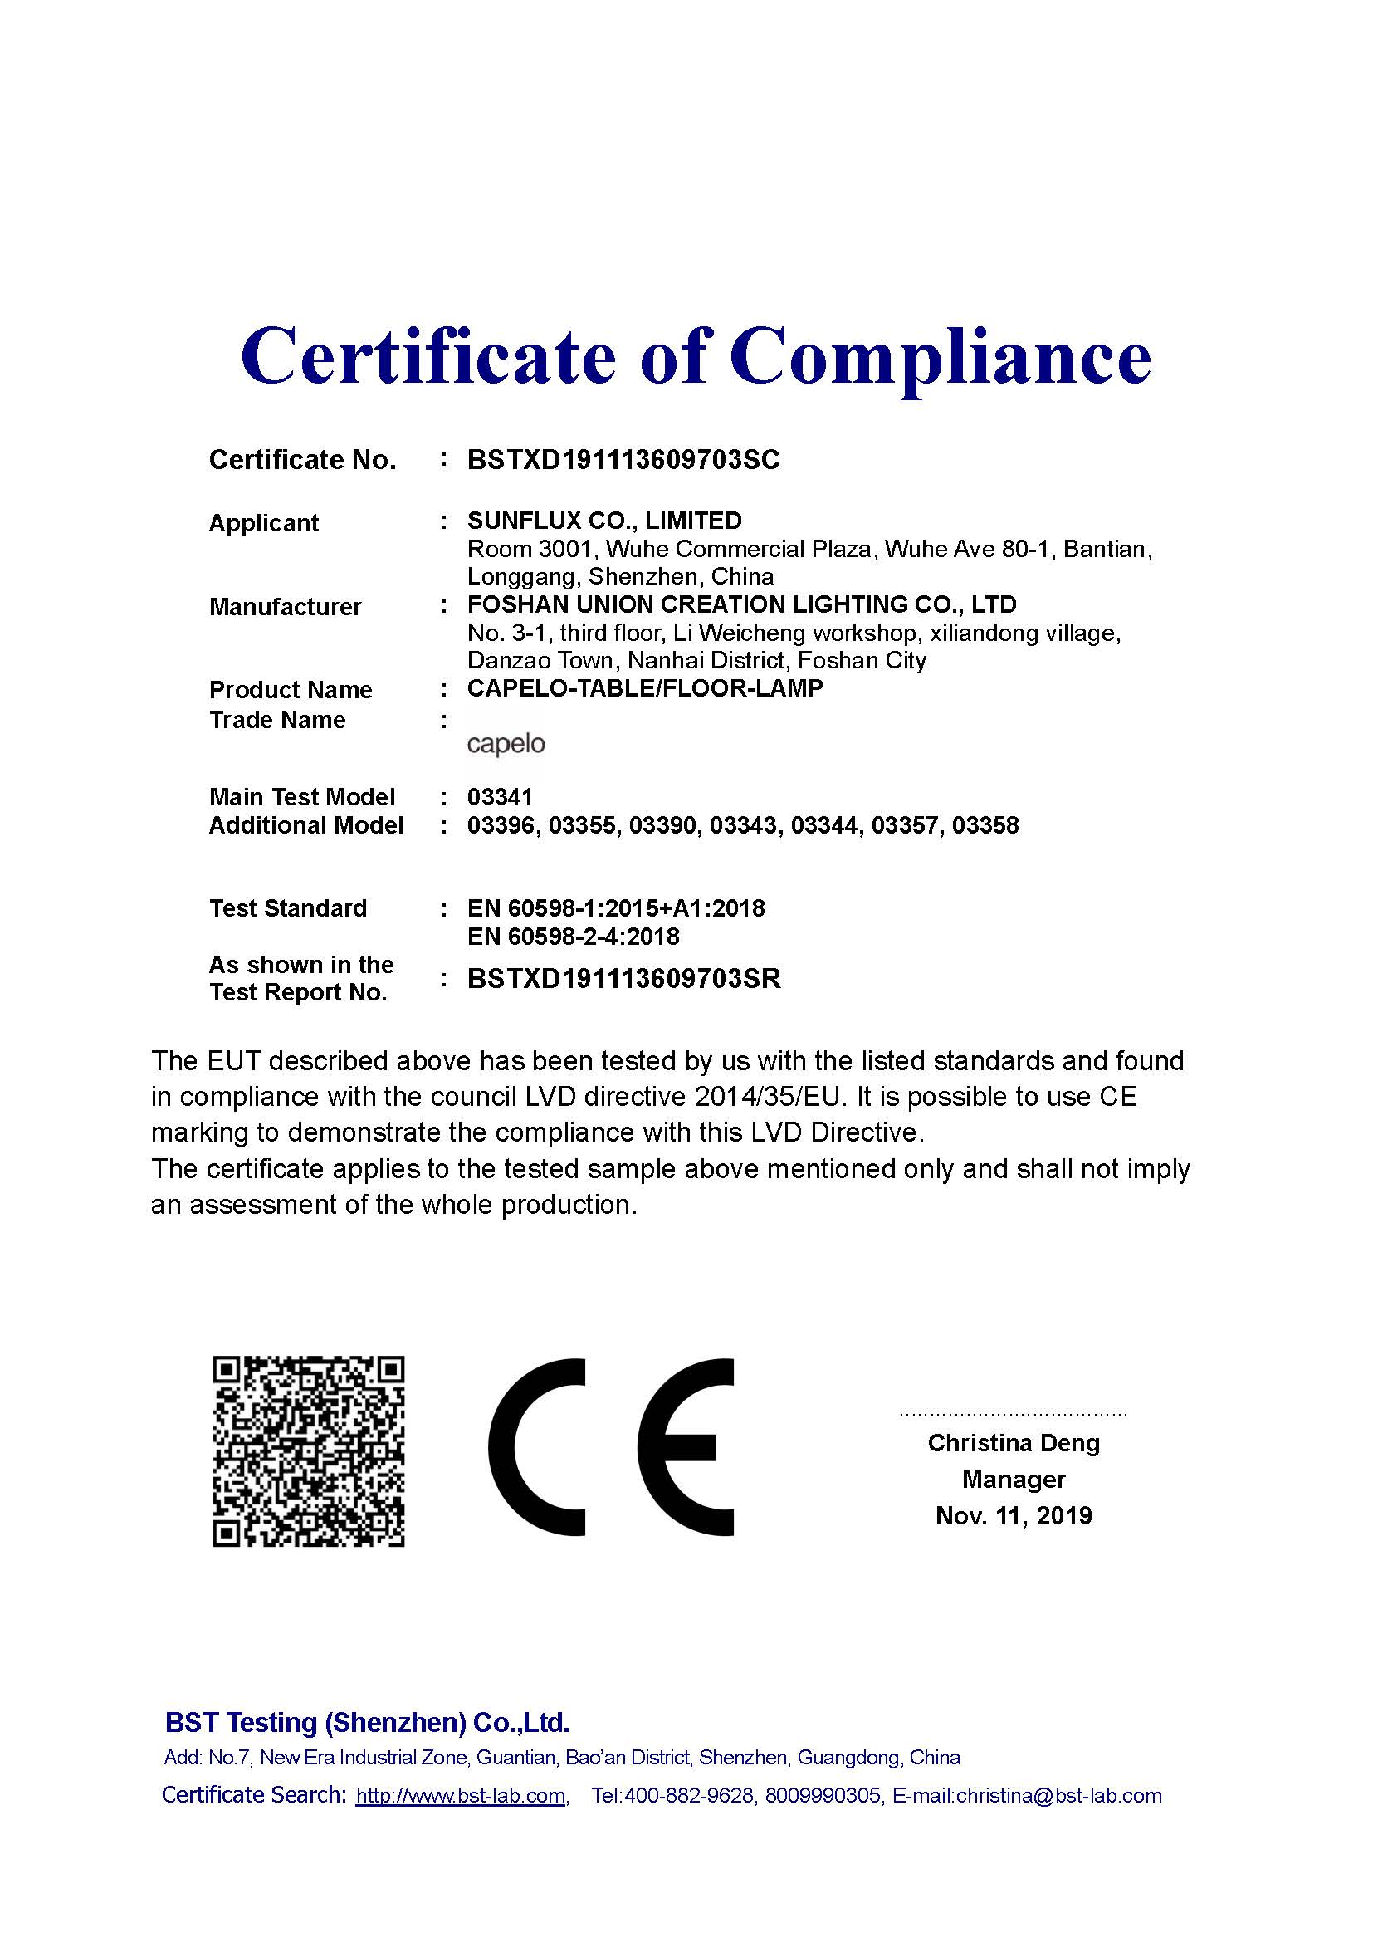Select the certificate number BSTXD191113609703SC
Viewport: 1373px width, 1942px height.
[x=623, y=460]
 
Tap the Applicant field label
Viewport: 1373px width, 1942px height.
[x=263, y=523]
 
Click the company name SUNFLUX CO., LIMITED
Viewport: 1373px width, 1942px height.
[x=604, y=521]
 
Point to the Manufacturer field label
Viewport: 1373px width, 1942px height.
[x=285, y=606]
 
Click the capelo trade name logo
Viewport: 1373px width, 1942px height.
[x=506, y=744]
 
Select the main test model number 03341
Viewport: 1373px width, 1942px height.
[x=500, y=797]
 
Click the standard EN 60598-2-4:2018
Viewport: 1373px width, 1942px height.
[x=574, y=937]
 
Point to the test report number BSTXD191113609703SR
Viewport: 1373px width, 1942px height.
[x=624, y=979]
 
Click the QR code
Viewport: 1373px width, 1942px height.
[x=308, y=1451]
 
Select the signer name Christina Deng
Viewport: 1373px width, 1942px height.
[x=1013, y=1443]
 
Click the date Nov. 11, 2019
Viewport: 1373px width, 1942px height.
[x=1013, y=1515]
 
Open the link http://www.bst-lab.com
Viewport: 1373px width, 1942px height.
[x=461, y=1796]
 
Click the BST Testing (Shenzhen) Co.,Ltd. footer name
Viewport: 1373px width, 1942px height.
[x=367, y=1723]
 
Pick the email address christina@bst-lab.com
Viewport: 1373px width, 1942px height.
[x=1058, y=1796]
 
